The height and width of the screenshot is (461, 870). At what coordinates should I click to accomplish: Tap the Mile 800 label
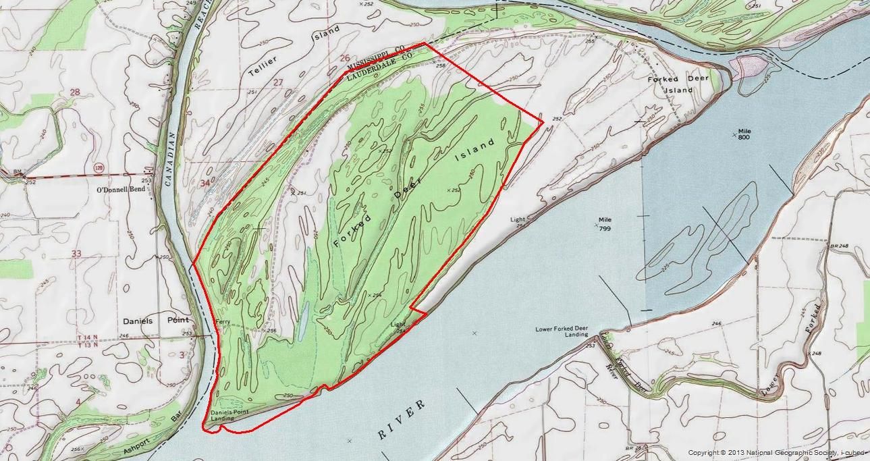point(744,134)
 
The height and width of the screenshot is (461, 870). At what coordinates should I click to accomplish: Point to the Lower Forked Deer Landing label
point(562,331)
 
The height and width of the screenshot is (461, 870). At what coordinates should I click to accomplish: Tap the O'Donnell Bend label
point(121,190)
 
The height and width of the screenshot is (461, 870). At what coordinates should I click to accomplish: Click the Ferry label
point(223,323)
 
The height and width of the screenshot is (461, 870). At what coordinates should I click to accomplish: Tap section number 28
point(75,92)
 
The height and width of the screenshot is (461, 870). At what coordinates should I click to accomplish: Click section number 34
point(205,182)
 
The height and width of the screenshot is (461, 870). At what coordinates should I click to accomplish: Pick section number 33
point(76,254)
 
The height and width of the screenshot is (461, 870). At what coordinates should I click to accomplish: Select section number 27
point(277,82)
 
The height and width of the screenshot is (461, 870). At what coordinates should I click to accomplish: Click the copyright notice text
point(776,452)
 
